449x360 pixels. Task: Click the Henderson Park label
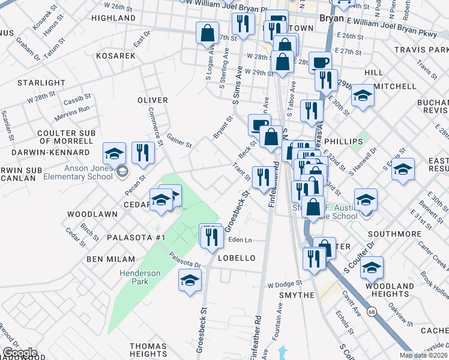pyautogui.click(x=139, y=277)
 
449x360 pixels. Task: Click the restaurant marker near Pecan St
pyautogui.click(x=143, y=154)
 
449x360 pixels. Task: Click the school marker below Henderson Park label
pyautogui.click(x=190, y=281)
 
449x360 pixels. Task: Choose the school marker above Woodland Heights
pyautogui.click(x=372, y=268)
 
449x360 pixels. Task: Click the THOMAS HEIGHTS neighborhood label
pyautogui.click(x=148, y=350)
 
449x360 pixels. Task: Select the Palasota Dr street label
pyautogui.click(x=184, y=260)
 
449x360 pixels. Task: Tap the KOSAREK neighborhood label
pyautogui.click(x=115, y=55)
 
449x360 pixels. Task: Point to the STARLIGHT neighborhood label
pyautogui.click(x=41, y=83)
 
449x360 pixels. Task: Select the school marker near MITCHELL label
pyautogui.click(x=363, y=96)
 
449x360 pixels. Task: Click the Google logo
pyautogui.click(x=20, y=353)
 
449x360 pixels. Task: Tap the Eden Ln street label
pyautogui.click(x=240, y=239)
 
